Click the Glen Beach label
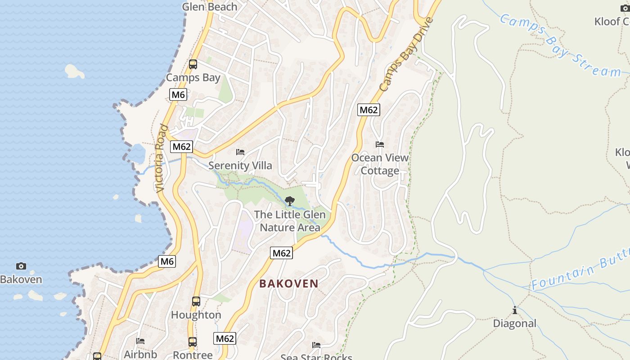[210, 7]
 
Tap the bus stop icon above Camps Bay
[193, 64]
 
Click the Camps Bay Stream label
[560, 45]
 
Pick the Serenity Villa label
[240, 166]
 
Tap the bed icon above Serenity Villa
[240, 153]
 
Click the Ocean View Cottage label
[380, 164]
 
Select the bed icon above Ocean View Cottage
[380, 144]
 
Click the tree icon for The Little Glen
[290, 201]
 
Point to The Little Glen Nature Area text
[290, 221]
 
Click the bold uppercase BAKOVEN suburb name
[289, 283]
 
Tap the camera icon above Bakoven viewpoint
[21, 266]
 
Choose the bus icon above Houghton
[196, 301]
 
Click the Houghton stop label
[196, 315]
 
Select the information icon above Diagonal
[514, 310]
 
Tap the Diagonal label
[515, 324]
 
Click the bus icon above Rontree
[193, 342]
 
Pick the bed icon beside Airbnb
[140, 341]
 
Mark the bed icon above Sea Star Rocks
[316, 345]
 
